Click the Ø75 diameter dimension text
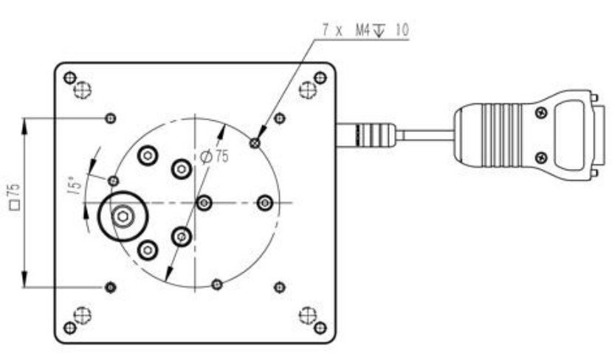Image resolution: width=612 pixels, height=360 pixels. [x=213, y=156]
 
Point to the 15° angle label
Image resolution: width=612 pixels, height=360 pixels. [x=72, y=184]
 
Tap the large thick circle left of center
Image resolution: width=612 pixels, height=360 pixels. [x=123, y=215]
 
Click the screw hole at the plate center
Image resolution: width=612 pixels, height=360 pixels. [x=205, y=202]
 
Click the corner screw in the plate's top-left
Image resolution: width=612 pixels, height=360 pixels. [x=70, y=77]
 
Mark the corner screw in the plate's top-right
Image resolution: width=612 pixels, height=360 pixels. [x=319, y=77]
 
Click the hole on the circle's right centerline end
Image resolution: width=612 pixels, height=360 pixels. [x=265, y=202]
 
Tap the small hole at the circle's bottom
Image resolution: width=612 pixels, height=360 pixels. [x=216, y=284]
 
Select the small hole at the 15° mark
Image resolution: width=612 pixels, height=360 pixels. [x=114, y=181]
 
